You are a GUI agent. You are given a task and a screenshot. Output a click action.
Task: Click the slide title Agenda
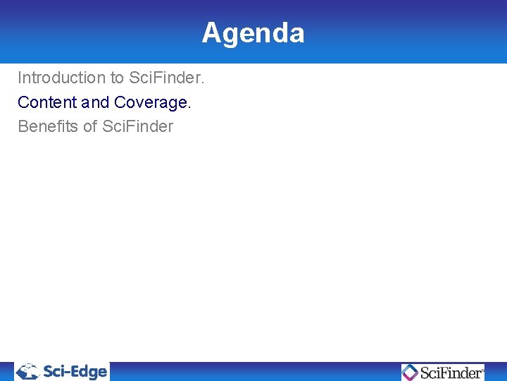click(x=253, y=33)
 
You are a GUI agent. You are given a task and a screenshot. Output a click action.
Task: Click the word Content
click(x=46, y=102)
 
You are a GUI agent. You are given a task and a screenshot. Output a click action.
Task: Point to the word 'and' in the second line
click(x=96, y=102)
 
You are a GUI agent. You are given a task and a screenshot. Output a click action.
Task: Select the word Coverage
click(x=151, y=102)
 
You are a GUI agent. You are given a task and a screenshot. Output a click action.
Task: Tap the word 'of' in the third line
click(x=90, y=127)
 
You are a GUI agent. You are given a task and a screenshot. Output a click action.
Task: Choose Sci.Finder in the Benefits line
click(x=138, y=127)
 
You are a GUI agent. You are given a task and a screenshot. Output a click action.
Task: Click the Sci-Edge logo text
click(x=75, y=371)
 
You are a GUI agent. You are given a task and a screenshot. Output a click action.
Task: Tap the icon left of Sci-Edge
click(x=28, y=371)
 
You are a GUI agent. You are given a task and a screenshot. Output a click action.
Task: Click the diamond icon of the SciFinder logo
click(x=410, y=372)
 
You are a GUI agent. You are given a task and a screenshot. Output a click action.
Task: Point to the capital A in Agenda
click(x=211, y=33)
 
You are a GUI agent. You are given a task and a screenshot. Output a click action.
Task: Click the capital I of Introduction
click(x=20, y=77)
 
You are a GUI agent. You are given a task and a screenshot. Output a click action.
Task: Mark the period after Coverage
click(x=189, y=107)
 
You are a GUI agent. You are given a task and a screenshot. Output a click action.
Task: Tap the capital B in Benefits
click(x=23, y=127)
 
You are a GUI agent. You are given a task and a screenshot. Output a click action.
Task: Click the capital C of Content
click(x=23, y=102)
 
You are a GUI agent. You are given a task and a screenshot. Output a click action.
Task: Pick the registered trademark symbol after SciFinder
click(x=482, y=368)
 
